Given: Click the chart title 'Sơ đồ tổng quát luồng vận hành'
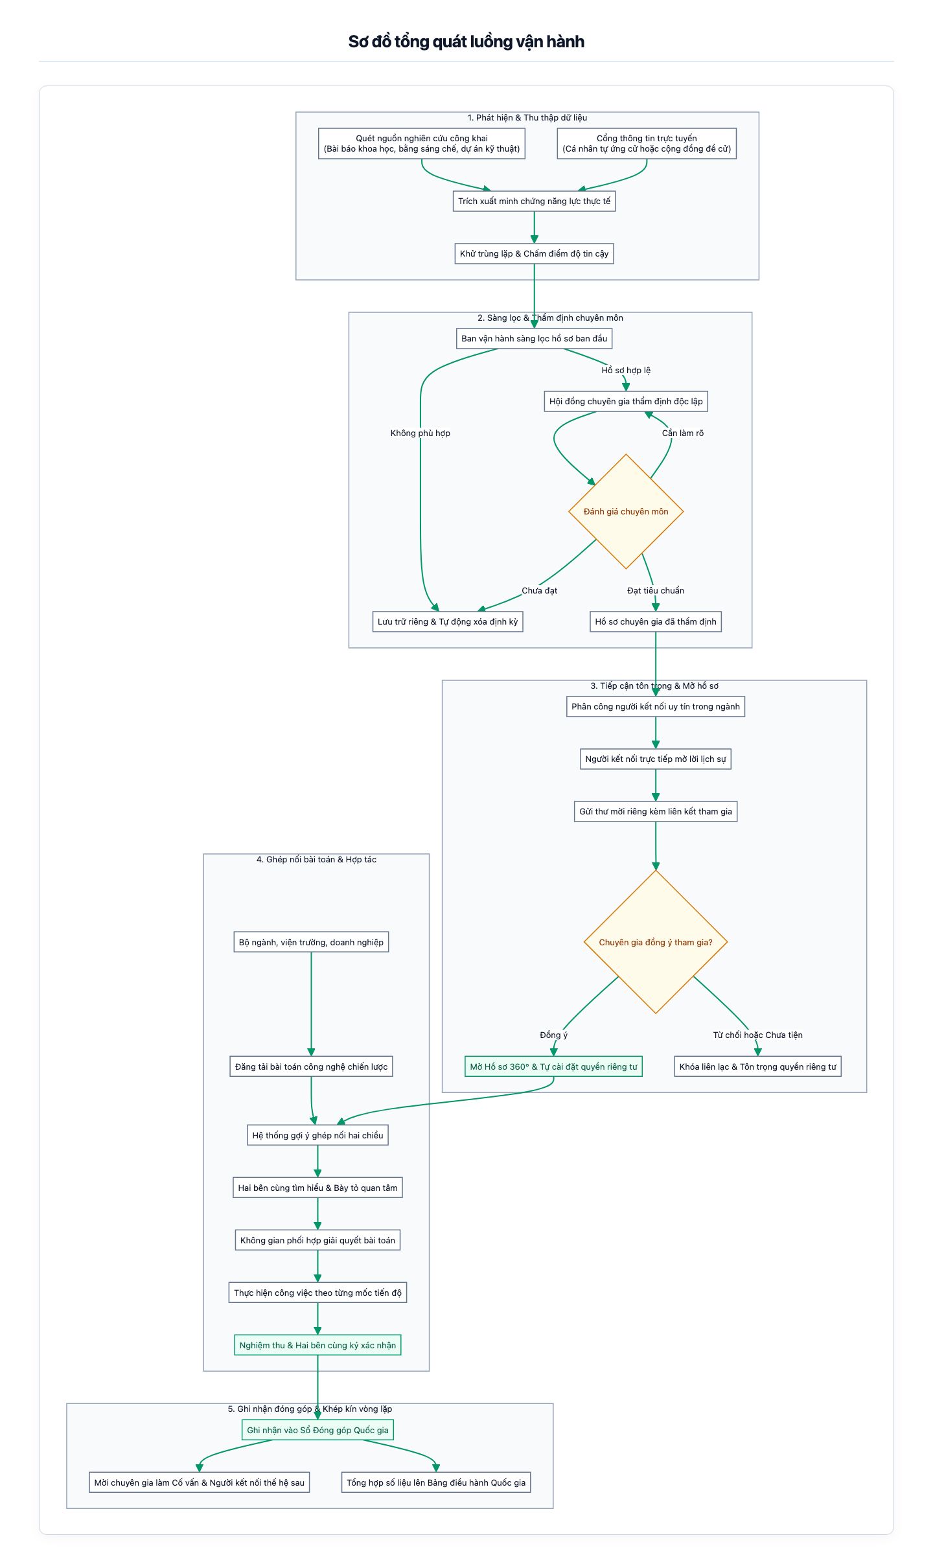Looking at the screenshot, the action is tap(466, 42).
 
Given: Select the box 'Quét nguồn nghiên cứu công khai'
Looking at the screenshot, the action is tap(422, 143).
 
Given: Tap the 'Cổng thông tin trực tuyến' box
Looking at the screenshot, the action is tap(647, 143).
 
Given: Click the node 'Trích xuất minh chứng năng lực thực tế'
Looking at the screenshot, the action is tap(534, 201).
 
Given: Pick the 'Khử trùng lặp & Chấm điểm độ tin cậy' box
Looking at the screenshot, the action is tap(534, 253).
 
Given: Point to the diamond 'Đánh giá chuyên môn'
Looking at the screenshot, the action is tap(626, 511).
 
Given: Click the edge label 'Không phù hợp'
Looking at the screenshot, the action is tap(420, 433).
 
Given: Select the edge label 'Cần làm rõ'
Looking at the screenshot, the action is tap(682, 433).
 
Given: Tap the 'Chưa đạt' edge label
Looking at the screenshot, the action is tap(539, 590).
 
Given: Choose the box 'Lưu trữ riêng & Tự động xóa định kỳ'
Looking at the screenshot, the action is tap(448, 621).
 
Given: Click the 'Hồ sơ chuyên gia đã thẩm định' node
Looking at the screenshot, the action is tap(656, 621).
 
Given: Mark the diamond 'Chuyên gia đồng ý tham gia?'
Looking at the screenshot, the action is tap(656, 941).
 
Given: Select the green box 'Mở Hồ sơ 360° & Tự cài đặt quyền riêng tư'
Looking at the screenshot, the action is tap(553, 1066).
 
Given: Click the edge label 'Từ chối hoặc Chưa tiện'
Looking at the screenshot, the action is tap(757, 1035).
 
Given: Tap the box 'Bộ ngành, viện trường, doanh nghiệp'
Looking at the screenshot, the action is tap(311, 942).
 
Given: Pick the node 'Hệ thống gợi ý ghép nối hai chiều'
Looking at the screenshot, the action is tap(317, 1135).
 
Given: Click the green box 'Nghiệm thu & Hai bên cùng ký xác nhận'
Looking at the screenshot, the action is tap(317, 1345).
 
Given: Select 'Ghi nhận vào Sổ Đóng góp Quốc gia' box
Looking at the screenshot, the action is tap(317, 1430).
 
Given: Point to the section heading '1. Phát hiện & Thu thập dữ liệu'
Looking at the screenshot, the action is tap(527, 118).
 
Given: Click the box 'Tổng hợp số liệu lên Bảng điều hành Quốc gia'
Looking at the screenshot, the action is tap(436, 1482).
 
